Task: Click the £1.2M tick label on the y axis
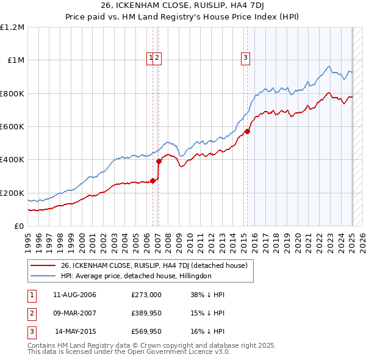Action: (12, 27)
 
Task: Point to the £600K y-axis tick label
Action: (12, 127)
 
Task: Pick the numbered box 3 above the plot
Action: (245, 59)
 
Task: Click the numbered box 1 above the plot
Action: (150, 59)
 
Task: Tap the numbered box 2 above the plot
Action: (157, 59)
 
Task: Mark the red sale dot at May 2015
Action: (247, 131)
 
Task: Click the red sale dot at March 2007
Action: (159, 161)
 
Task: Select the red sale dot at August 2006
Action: (152, 181)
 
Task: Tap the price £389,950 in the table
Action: (146, 313)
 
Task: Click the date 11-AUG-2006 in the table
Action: (74, 295)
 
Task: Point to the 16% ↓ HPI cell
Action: (207, 331)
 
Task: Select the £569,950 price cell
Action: (146, 331)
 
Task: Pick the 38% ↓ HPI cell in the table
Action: (207, 295)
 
